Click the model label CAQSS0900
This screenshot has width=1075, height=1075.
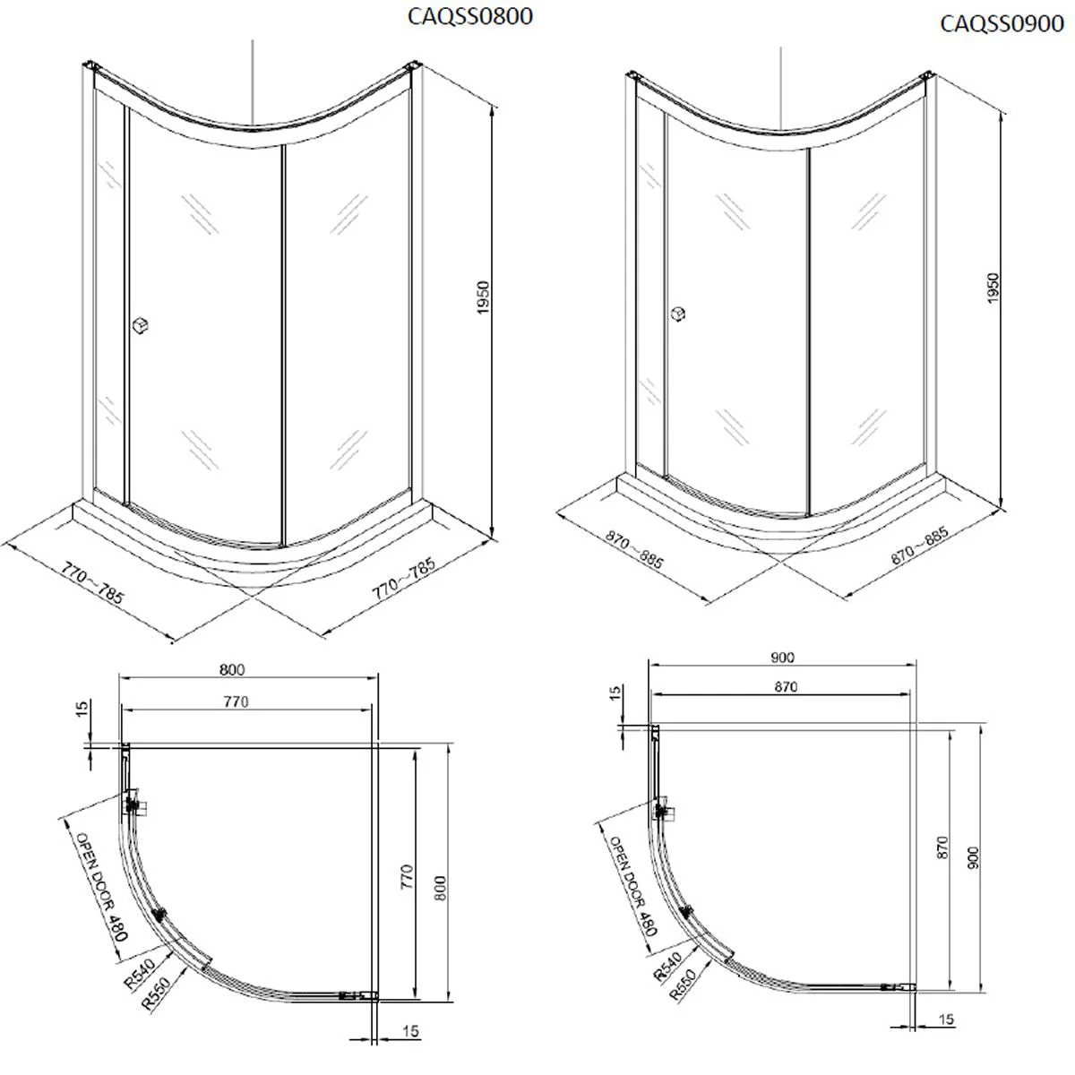1001,23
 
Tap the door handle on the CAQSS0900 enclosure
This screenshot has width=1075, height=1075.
679,314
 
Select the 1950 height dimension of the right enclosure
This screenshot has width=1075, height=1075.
993,288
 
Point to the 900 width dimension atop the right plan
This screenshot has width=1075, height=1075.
781,657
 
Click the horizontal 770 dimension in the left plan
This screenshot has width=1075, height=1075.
235,701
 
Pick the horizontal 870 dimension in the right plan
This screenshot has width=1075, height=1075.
785,687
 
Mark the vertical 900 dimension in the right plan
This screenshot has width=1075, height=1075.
974,858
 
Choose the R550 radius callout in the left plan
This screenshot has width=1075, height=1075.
156,992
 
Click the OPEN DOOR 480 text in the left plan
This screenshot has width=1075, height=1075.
101,886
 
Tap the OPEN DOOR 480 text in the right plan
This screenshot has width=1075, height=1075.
632,886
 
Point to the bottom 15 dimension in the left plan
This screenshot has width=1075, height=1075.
410,1032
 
